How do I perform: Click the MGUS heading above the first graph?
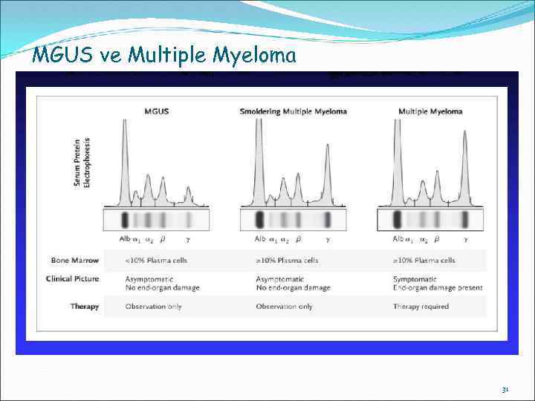tap(156, 111)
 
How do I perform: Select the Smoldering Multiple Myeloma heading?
tap(294, 111)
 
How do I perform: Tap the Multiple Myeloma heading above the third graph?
tap(430, 111)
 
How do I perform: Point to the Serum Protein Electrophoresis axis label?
tap(82, 161)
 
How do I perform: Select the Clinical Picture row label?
tap(72, 279)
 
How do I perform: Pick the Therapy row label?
tap(85, 306)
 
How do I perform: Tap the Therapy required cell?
tap(421, 306)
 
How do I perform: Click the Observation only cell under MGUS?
tap(153, 306)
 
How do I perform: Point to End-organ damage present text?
tap(438, 287)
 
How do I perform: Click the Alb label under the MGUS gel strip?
tap(124, 239)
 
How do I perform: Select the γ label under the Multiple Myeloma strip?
tap(465, 239)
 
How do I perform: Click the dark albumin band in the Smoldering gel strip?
tap(259, 221)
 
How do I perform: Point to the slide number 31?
tap(505, 389)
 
